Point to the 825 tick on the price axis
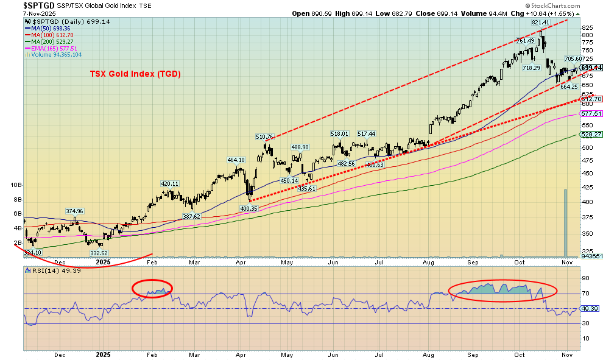click(x=587, y=28)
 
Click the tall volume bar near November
click(x=565, y=223)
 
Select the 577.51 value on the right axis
click(x=591, y=114)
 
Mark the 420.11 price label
click(x=169, y=183)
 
